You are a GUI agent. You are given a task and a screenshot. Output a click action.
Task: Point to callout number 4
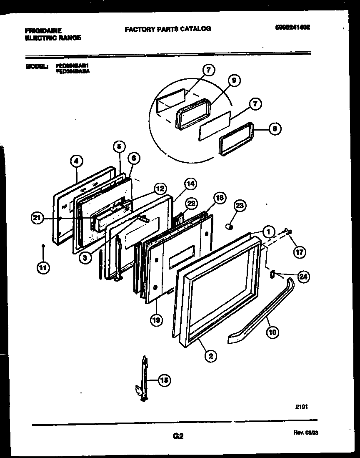[77, 160]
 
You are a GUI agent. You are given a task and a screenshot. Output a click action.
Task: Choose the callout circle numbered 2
[211, 355]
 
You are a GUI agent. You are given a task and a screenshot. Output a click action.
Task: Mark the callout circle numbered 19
[156, 320]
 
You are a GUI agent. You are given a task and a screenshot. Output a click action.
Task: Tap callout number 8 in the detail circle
[274, 129]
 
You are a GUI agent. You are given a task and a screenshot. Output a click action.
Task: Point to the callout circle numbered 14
[190, 183]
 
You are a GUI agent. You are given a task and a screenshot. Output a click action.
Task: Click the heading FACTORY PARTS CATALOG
[167, 29]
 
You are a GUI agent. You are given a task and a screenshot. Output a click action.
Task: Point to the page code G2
[177, 436]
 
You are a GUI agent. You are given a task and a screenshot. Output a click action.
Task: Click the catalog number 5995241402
[292, 28]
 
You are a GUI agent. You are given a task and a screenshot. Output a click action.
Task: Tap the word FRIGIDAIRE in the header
[43, 30]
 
